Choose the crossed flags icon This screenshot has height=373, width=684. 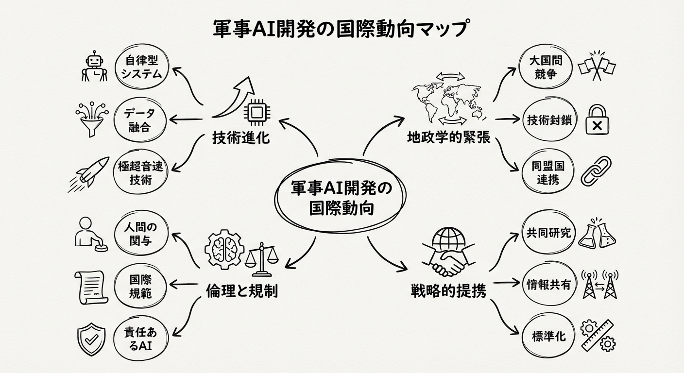(x=597, y=66)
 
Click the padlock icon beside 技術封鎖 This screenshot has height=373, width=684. (x=597, y=120)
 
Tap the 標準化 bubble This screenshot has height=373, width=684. (x=548, y=336)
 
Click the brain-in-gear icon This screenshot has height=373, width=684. (x=223, y=249)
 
